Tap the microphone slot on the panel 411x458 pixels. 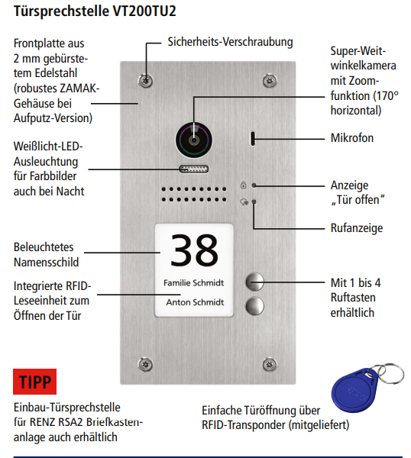253,139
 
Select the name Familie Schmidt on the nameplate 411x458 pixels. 194,282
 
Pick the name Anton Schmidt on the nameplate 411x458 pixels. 194,302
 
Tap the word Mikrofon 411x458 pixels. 353,138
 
